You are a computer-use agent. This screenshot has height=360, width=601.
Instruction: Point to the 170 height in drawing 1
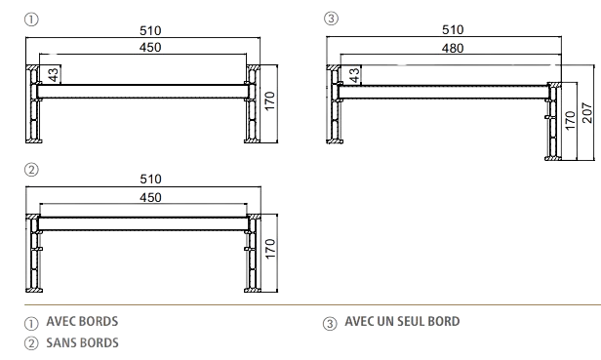[x=270, y=99]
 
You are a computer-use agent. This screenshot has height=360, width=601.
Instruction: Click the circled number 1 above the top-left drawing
[x=32, y=19]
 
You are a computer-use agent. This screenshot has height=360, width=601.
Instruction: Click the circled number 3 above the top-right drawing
[x=332, y=19]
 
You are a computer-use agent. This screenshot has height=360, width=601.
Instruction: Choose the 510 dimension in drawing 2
[x=149, y=180]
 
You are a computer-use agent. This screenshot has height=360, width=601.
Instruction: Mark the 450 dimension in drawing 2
[x=149, y=196]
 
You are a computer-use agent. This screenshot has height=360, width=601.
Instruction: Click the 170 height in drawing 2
[x=272, y=250]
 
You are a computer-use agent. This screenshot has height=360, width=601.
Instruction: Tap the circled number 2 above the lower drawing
[x=32, y=169]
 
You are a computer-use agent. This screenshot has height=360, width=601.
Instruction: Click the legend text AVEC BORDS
[x=82, y=321]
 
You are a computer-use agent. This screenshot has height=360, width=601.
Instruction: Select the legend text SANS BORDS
[x=82, y=341]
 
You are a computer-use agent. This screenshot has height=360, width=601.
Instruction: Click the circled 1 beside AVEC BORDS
[x=31, y=322]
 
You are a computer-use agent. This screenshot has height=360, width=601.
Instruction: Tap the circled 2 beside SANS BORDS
[x=31, y=342]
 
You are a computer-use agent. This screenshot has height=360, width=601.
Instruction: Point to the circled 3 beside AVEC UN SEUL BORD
[x=330, y=322]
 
